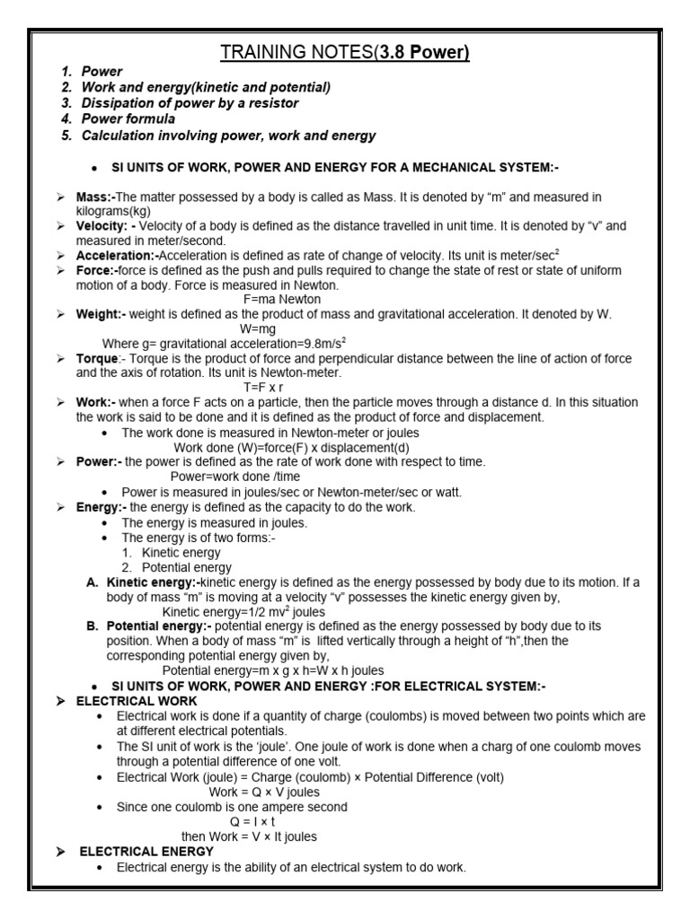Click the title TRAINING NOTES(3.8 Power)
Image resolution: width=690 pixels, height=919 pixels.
(x=345, y=53)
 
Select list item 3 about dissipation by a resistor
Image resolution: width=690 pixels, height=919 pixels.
(x=190, y=103)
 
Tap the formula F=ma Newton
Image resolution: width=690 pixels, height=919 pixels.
(x=282, y=299)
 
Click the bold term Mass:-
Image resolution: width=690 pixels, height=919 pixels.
(x=96, y=197)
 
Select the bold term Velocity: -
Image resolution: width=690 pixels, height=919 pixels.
(x=106, y=226)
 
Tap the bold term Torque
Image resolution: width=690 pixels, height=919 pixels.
(x=96, y=358)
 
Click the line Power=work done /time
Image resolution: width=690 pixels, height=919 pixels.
(x=235, y=477)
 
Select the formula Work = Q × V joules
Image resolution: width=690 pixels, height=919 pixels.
(x=264, y=792)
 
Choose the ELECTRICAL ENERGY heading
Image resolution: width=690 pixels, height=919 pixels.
(x=146, y=851)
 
